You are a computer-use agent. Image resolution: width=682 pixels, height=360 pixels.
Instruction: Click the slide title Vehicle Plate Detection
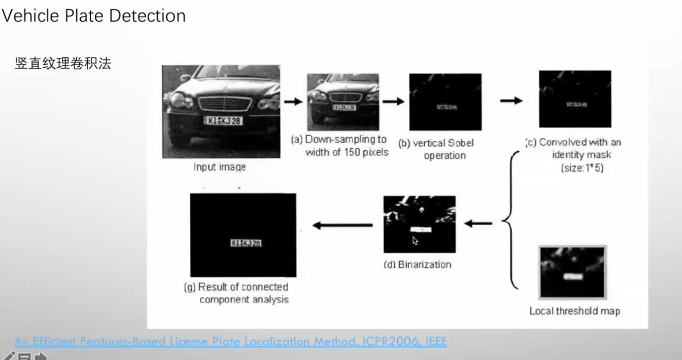94,16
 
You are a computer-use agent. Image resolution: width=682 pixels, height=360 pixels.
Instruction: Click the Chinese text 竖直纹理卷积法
63,63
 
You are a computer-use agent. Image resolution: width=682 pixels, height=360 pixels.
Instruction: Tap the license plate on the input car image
223,120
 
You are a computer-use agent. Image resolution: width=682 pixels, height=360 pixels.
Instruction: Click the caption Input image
219,167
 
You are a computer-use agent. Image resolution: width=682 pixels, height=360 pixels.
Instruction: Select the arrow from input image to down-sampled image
293,102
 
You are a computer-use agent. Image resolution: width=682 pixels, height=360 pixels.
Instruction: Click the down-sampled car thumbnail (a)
343,102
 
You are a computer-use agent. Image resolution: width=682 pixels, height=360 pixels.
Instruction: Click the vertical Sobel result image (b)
445,102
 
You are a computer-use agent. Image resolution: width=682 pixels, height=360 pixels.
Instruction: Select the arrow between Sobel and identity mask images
510,101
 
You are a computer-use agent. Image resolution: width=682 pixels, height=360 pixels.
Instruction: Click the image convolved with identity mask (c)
574,99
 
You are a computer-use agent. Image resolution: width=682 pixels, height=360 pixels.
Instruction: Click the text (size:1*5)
582,168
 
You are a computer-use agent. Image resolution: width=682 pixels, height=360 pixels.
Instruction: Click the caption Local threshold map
574,311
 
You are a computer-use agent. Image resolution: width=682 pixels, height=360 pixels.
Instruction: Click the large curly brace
510,221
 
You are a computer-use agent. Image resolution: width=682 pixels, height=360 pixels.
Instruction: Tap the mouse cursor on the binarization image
415,241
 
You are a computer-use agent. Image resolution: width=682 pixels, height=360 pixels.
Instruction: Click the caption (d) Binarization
418,265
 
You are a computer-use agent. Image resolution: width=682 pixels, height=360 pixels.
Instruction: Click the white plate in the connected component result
246,243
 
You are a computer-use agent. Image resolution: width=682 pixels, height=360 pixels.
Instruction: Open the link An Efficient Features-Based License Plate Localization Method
230,341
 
